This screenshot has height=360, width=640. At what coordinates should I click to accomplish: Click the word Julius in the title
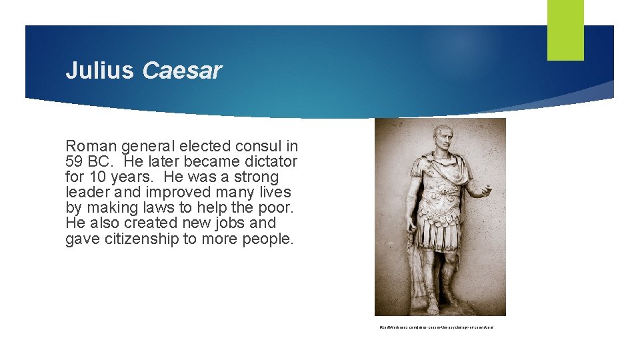[x=99, y=71]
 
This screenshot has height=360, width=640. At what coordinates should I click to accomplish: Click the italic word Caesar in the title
[x=182, y=71]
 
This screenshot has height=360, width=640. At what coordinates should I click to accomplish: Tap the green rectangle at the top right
[x=565, y=29]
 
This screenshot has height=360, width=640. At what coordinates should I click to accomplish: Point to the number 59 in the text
[x=75, y=161]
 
